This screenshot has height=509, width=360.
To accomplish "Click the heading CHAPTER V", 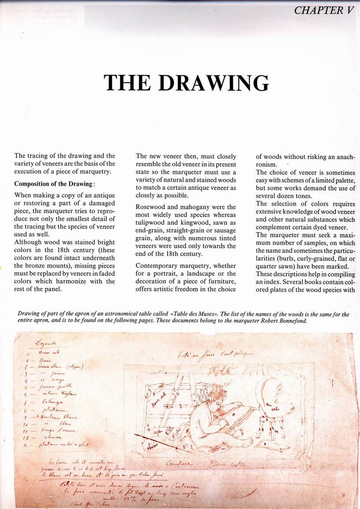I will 324,10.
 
